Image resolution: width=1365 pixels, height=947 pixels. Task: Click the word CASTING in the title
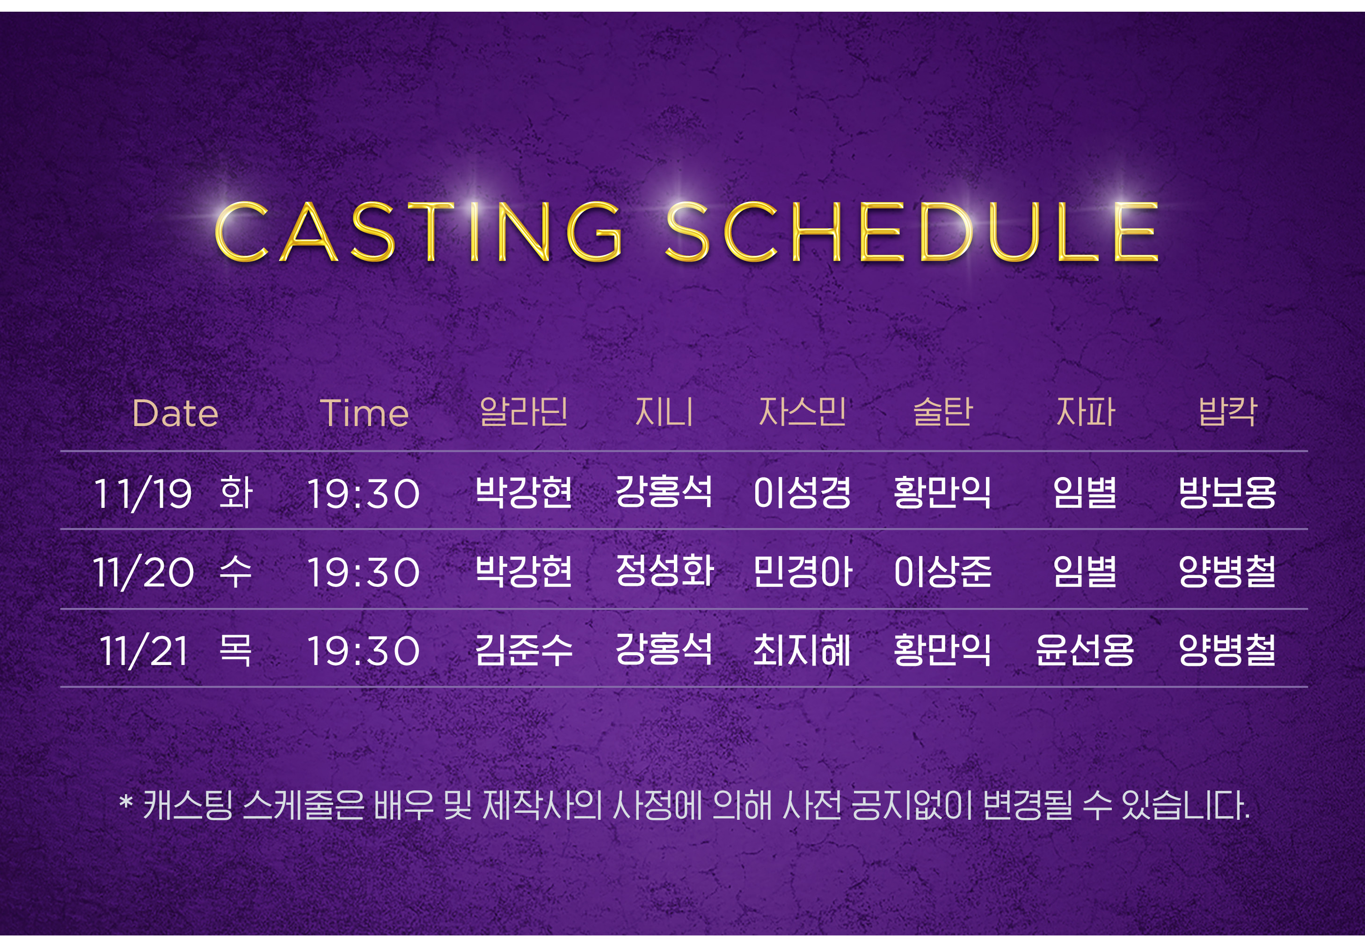click(419, 231)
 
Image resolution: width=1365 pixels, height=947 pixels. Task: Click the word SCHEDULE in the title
click(912, 231)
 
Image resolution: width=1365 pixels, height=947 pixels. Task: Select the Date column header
click(175, 413)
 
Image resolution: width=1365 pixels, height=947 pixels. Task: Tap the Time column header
click(364, 413)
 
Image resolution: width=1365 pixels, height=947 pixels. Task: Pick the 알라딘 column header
click(523, 412)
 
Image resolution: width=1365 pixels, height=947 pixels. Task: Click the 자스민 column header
click(802, 412)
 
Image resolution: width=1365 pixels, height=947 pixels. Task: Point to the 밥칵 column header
click(1227, 412)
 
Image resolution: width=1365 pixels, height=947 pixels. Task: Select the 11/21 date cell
click(144, 651)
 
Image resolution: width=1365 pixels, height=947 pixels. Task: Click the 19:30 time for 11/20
click(364, 572)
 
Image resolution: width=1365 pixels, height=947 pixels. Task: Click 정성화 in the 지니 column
click(664, 571)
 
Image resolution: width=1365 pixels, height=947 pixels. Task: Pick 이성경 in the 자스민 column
click(802, 492)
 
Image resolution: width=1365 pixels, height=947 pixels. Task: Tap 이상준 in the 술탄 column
click(942, 571)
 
